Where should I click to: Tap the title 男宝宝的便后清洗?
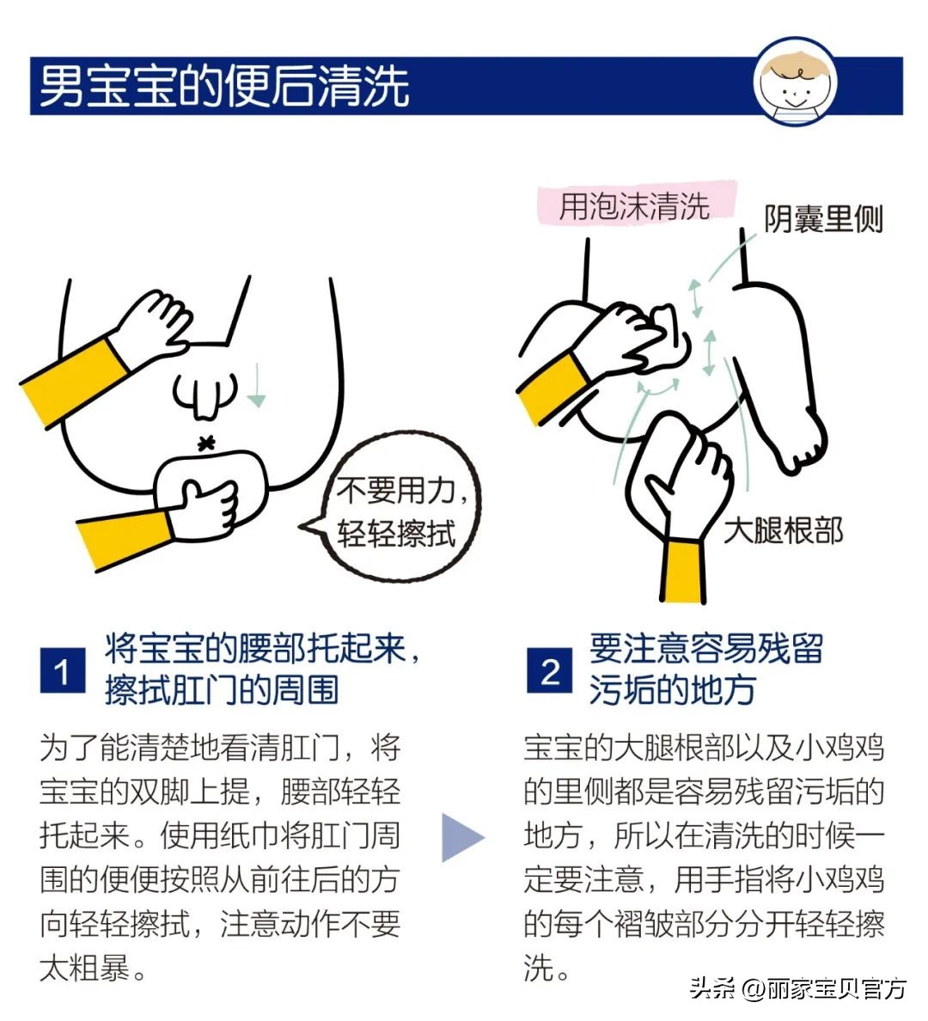224,86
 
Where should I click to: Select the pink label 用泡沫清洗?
635,206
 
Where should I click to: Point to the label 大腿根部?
783,530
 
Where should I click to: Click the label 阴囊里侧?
823,219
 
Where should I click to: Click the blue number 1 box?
63,670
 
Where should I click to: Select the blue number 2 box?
549,670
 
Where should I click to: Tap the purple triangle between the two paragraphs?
462,837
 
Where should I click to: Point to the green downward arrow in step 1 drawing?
256,386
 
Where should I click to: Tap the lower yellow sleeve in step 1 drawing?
125,538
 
